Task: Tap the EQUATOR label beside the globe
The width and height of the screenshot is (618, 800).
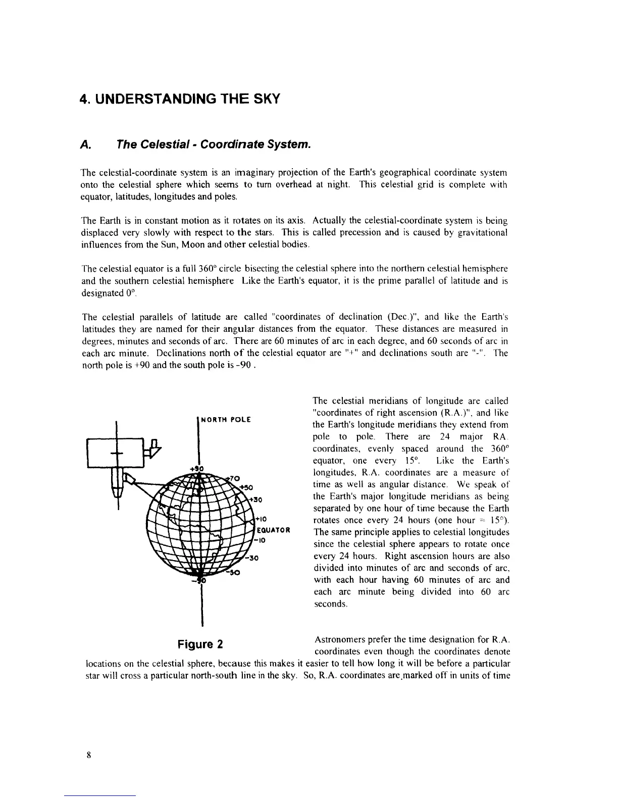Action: [x=273, y=530]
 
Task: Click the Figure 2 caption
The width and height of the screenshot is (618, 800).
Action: [x=200, y=645]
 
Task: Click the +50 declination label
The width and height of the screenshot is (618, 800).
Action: [x=246, y=487]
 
